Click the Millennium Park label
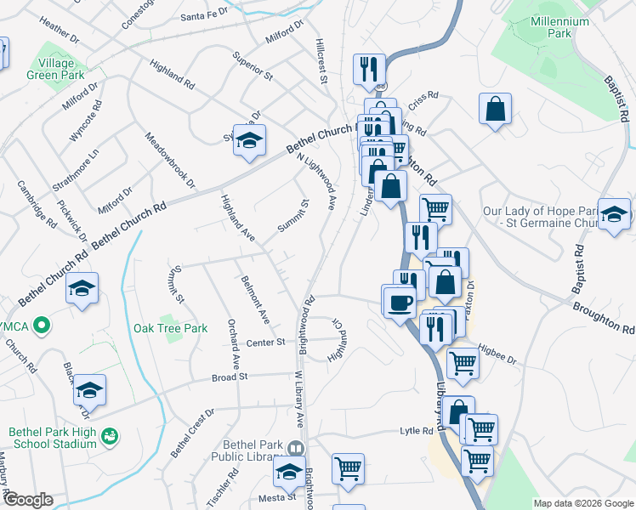coord(560,27)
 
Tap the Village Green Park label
coord(60,69)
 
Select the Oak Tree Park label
coord(170,328)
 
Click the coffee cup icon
coord(400,301)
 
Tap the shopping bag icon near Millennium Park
coord(495,110)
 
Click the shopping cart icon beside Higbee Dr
coord(463,362)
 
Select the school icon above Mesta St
coord(289,472)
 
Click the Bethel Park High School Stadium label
coord(52,437)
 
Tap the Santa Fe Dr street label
coord(205,14)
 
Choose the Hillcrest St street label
coord(321,60)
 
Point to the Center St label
coord(265,343)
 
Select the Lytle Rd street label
coord(417,431)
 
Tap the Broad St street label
coord(229,376)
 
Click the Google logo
coord(28,500)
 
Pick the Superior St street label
coord(253,66)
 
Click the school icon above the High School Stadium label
coord(89,389)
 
